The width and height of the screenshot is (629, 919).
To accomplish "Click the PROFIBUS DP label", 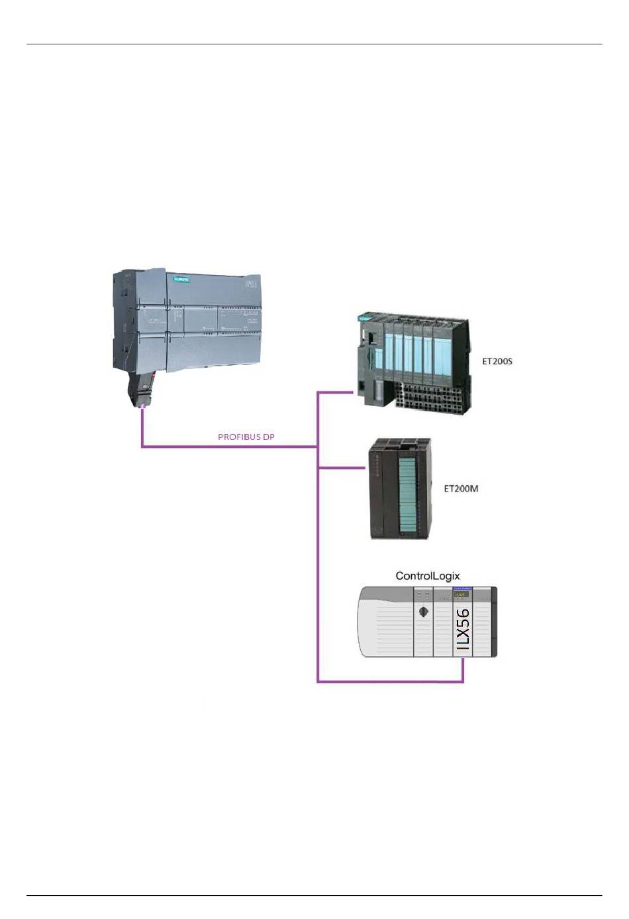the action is pyautogui.click(x=246, y=437).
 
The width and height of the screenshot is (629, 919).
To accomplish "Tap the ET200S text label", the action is pyautogui.click(x=497, y=362).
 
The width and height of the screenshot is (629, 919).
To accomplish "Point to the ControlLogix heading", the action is pyautogui.click(x=427, y=576).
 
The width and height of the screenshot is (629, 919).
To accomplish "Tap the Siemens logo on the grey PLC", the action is pyautogui.click(x=181, y=280).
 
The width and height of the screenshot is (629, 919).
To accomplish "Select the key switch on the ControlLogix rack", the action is pyautogui.click(x=423, y=612).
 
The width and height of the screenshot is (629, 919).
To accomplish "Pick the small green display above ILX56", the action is pyautogui.click(x=461, y=595).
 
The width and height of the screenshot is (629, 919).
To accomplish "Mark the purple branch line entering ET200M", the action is pyautogui.click(x=342, y=468).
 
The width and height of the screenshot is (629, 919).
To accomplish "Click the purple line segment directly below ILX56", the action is pyautogui.click(x=463, y=671).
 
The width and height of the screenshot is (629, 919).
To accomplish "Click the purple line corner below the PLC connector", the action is pyautogui.click(x=142, y=447).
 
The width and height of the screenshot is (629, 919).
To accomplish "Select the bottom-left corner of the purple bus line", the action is pyautogui.click(x=318, y=681).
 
